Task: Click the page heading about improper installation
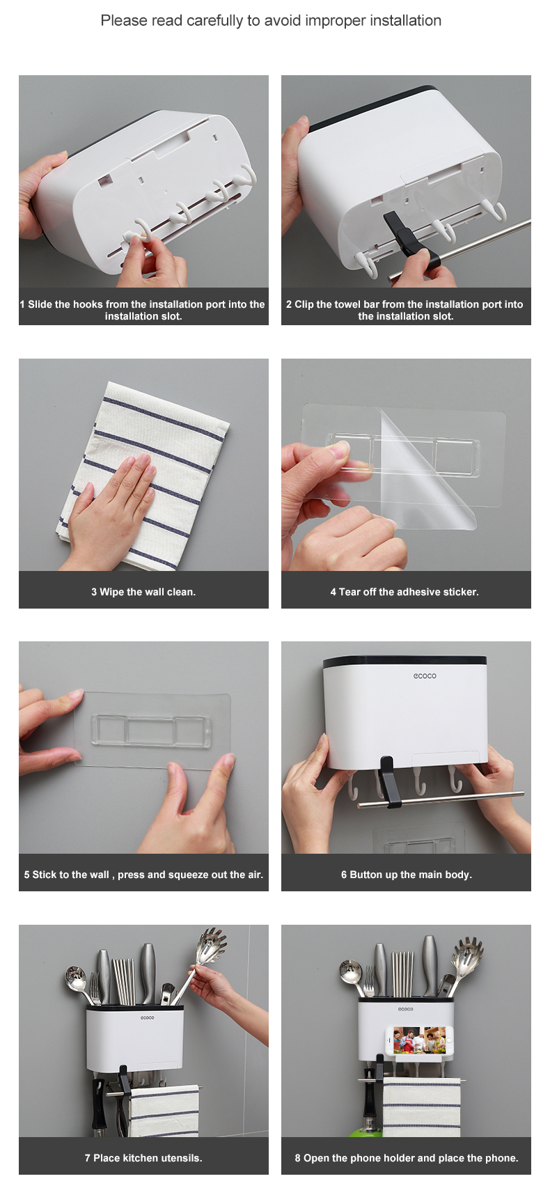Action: click(x=271, y=21)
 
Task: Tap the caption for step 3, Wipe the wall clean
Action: click(x=143, y=592)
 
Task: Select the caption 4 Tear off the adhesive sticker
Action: click(x=404, y=592)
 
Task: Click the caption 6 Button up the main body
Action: click(x=407, y=875)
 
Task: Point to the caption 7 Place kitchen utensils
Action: click(x=143, y=1158)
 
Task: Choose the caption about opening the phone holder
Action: click(x=407, y=1158)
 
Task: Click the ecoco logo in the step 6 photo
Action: click(x=425, y=675)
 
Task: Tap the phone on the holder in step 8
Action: click(x=420, y=1040)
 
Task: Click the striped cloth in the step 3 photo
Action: click(x=143, y=474)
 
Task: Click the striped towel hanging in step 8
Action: click(x=421, y=1108)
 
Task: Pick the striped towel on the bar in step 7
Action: click(x=164, y=1111)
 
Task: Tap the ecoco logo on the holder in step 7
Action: click(x=147, y=1018)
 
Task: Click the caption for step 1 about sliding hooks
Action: click(x=143, y=310)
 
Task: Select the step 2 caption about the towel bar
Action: click(x=405, y=310)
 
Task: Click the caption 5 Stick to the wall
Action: click(x=143, y=875)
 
